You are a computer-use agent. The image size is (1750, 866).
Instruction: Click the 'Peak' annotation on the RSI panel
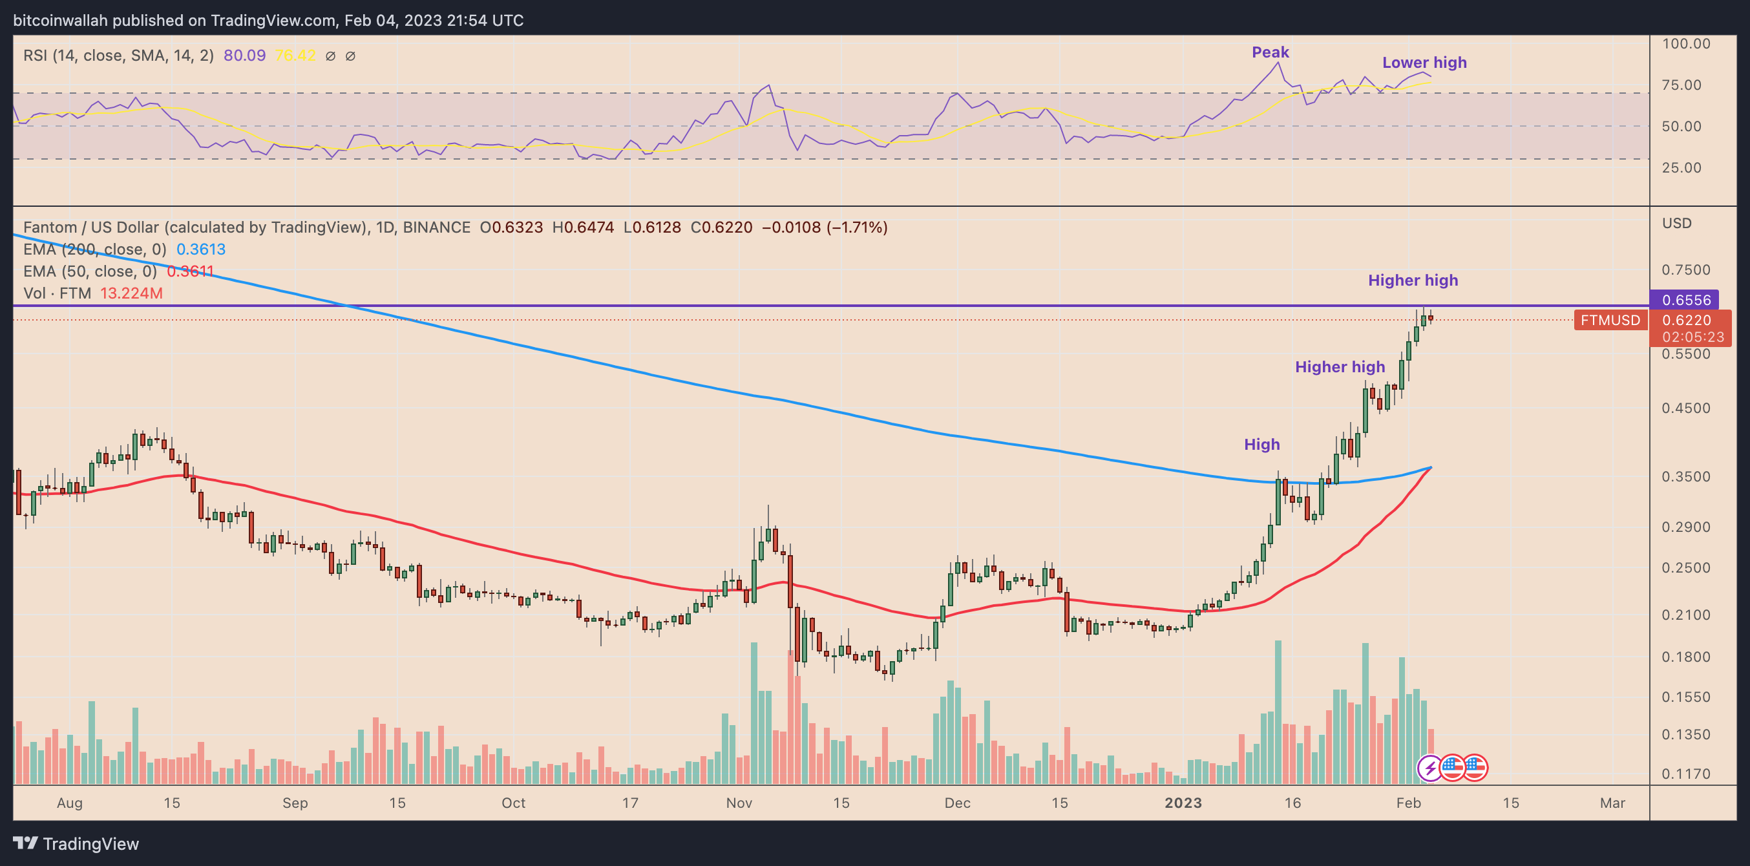click(1270, 52)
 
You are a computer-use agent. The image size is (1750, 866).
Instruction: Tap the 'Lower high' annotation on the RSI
click(1424, 63)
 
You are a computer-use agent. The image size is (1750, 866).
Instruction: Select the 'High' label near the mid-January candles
click(1261, 444)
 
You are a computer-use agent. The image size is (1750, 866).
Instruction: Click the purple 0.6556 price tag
click(1685, 299)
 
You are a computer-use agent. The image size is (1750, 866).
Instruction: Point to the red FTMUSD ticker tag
click(1609, 320)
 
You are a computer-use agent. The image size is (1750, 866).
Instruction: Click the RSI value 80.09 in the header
click(244, 56)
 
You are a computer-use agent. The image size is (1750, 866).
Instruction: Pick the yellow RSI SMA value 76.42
click(295, 56)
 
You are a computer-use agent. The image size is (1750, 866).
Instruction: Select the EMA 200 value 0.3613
click(201, 249)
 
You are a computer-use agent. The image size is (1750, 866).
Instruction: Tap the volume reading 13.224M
click(131, 293)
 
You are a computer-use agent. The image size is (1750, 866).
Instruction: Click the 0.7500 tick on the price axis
click(1685, 269)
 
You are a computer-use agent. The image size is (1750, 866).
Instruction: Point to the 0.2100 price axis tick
click(1685, 615)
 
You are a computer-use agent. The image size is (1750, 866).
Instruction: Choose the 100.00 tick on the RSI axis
click(1685, 43)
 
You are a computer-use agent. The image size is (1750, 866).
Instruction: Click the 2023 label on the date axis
click(1183, 803)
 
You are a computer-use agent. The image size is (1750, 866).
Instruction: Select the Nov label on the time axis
click(739, 803)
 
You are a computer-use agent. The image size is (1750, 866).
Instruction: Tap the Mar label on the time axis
click(1612, 803)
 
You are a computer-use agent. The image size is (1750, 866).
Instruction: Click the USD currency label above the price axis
click(1676, 224)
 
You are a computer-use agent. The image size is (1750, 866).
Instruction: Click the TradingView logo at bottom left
click(76, 843)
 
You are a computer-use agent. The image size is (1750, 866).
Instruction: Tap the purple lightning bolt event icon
click(1430, 768)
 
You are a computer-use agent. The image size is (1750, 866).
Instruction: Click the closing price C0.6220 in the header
click(721, 227)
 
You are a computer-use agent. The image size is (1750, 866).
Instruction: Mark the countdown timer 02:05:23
click(1692, 337)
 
